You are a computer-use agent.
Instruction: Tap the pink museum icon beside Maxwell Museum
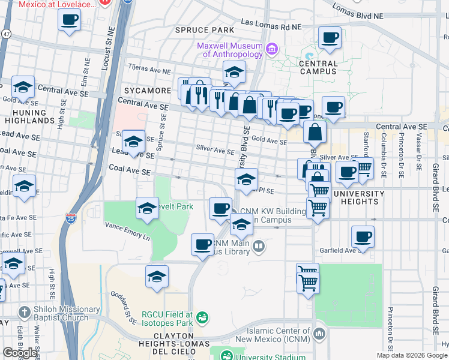[x=272, y=48]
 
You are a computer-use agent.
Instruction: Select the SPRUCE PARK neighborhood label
[x=204, y=29]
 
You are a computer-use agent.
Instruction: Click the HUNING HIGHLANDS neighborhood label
[x=29, y=116]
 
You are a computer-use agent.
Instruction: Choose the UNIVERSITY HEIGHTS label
[x=359, y=197]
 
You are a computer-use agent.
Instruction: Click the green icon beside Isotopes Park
[x=203, y=316]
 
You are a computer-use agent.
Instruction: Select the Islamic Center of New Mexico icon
[x=319, y=333]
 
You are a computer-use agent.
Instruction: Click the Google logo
[x=20, y=353]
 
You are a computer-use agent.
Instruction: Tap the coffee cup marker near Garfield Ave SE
[x=363, y=236]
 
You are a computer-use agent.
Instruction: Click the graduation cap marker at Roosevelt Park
[x=147, y=208]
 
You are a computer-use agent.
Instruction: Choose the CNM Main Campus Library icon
[x=258, y=246]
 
